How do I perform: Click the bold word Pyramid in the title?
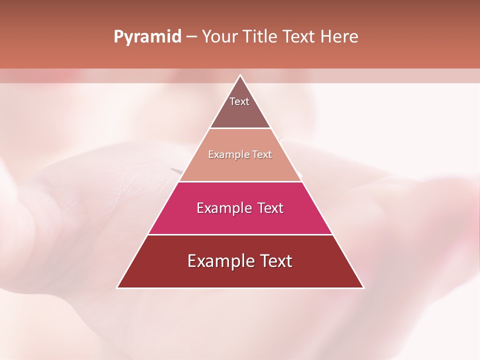click(x=147, y=37)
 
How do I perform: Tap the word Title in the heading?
click(x=261, y=37)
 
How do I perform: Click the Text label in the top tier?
click(x=239, y=101)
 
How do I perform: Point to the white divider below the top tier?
click(x=240, y=128)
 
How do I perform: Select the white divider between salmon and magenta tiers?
click(x=240, y=181)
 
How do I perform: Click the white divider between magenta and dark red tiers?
click(x=240, y=234)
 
